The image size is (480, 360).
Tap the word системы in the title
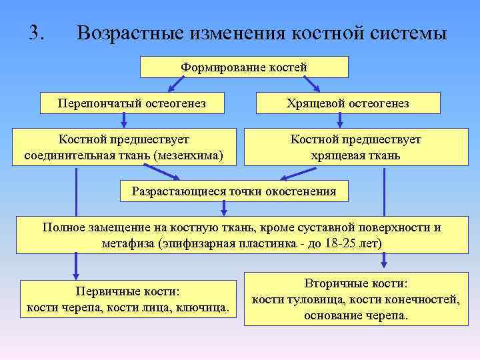404,34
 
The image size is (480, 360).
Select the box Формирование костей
244,67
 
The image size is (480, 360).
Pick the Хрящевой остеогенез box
347,103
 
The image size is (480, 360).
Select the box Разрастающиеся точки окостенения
234,191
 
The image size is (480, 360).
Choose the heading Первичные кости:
129,291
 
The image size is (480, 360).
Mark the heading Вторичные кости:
355,283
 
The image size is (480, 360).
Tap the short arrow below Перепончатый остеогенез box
123,119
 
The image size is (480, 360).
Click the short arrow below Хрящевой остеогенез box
340,119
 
